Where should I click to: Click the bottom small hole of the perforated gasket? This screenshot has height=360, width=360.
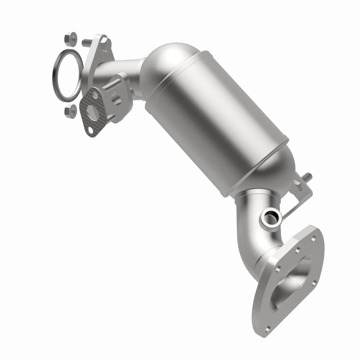pos(91,129)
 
